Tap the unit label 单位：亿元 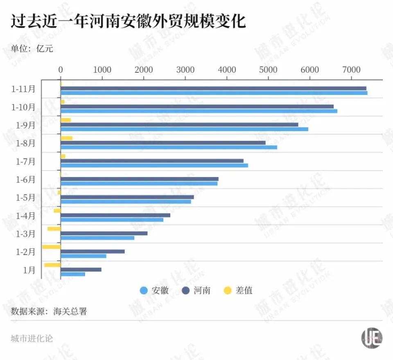click(32, 49)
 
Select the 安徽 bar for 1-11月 click(214, 93)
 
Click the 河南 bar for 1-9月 click(179, 124)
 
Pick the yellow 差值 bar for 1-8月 click(66, 138)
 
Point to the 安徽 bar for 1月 click(73, 274)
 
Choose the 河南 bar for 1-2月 click(93, 251)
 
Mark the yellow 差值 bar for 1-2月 click(51, 247)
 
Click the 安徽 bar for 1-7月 click(154, 165)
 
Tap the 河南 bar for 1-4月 click(115, 215)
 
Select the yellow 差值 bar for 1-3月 click(54, 229)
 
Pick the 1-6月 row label click(26, 179)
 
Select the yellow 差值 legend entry click(238, 290)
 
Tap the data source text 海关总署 click(70, 311)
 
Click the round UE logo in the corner click(372, 338)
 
